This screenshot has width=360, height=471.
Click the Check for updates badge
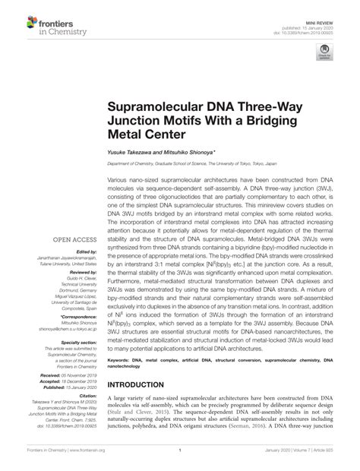pos(326,52)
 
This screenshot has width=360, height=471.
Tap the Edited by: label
pos(87,251)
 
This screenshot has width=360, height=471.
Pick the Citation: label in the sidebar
pos(88,395)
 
